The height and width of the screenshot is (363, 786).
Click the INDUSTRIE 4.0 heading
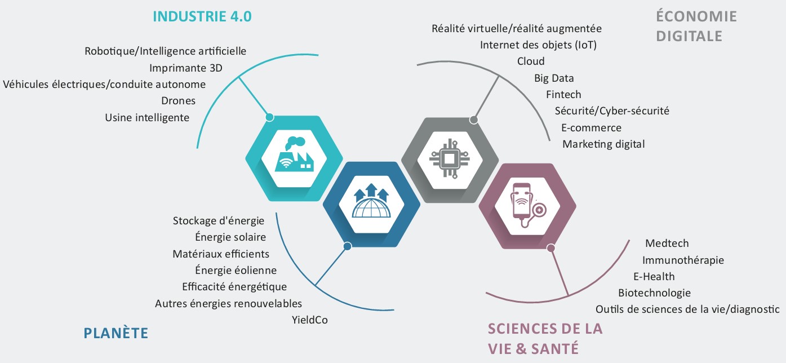pyautogui.click(x=202, y=16)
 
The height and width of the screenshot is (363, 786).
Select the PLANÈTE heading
pyautogui.click(x=116, y=333)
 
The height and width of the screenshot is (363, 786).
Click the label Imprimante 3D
pyautogui.click(x=185, y=68)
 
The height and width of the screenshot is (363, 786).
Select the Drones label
pyautogui.click(x=179, y=101)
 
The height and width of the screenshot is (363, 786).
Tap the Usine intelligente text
pyautogui.click(x=147, y=118)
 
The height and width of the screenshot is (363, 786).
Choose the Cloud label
pyautogui.click(x=531, y=61)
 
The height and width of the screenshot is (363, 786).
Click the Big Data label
pyautogui.click(x=554, y=78)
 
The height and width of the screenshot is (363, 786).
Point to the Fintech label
pyautogui.click(x=563, y=95)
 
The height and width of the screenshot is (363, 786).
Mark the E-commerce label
pyautogui.click(x=591, y=128)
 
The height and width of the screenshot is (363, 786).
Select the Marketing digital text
pyautogui.click(x=603, y=144)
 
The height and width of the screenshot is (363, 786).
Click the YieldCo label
pyautogui.click(x=310, y=320)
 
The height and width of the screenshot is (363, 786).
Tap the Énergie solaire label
pyautogui.click(x=230, y=237)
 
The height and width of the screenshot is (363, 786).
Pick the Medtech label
pyautogui.click(x=667, y=244)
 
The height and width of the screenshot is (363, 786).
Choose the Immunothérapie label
pyautogui.click(x=683, y=260)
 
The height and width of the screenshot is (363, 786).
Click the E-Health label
pyautogui.click(x=654, y=277)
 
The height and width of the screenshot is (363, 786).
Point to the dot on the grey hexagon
pyautogui.click(x=474, y=119)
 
